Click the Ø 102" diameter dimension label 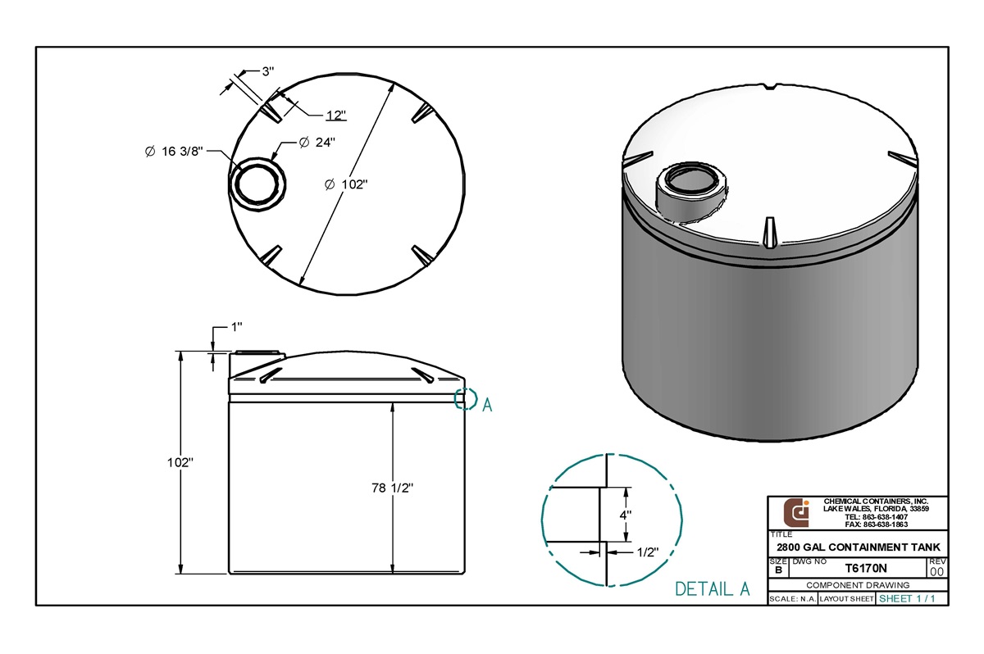345,184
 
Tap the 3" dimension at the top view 267,71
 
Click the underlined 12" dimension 335,115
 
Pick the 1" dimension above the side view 236,328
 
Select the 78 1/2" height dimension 391,488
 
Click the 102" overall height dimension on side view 180,462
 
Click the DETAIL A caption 712,588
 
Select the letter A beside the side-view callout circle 487,404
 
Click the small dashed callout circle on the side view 466,398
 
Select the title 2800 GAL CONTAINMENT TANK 858,547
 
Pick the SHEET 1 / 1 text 907,599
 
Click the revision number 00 937,570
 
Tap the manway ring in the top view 257,181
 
